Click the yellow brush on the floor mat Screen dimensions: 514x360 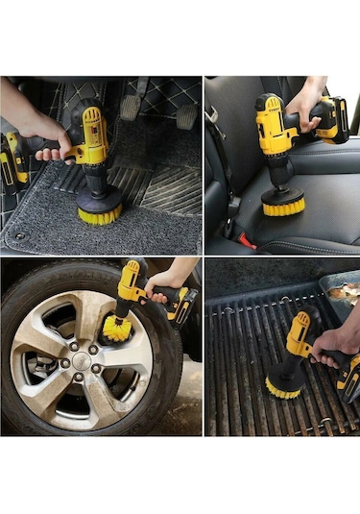(x=100, y=211)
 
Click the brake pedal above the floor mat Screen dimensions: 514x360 (x=132, y=106)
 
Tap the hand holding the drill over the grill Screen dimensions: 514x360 (x=336, y=341)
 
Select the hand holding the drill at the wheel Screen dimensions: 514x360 (x=169, y=281)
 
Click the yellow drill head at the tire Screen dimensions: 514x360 (x=131, y=284)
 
